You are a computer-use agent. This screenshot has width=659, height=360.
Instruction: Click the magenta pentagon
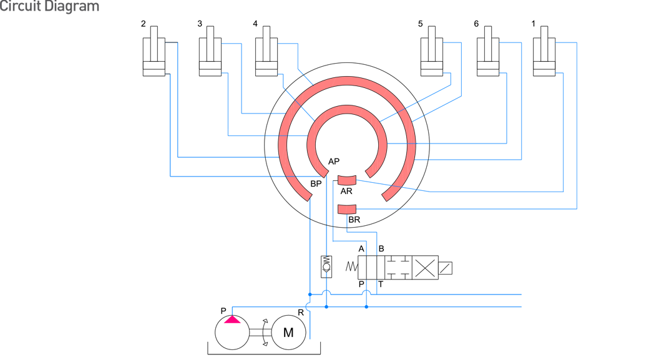pos(232,326)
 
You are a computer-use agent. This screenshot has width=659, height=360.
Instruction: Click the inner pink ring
pos(347,110)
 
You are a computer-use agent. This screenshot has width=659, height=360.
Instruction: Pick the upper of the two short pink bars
pos(347,180)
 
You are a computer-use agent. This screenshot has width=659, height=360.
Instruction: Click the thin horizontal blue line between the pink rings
pos(401,144)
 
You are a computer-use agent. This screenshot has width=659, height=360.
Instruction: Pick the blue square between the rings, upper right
pos(388,116)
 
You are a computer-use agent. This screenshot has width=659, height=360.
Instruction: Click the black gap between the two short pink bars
pos(347,195)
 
